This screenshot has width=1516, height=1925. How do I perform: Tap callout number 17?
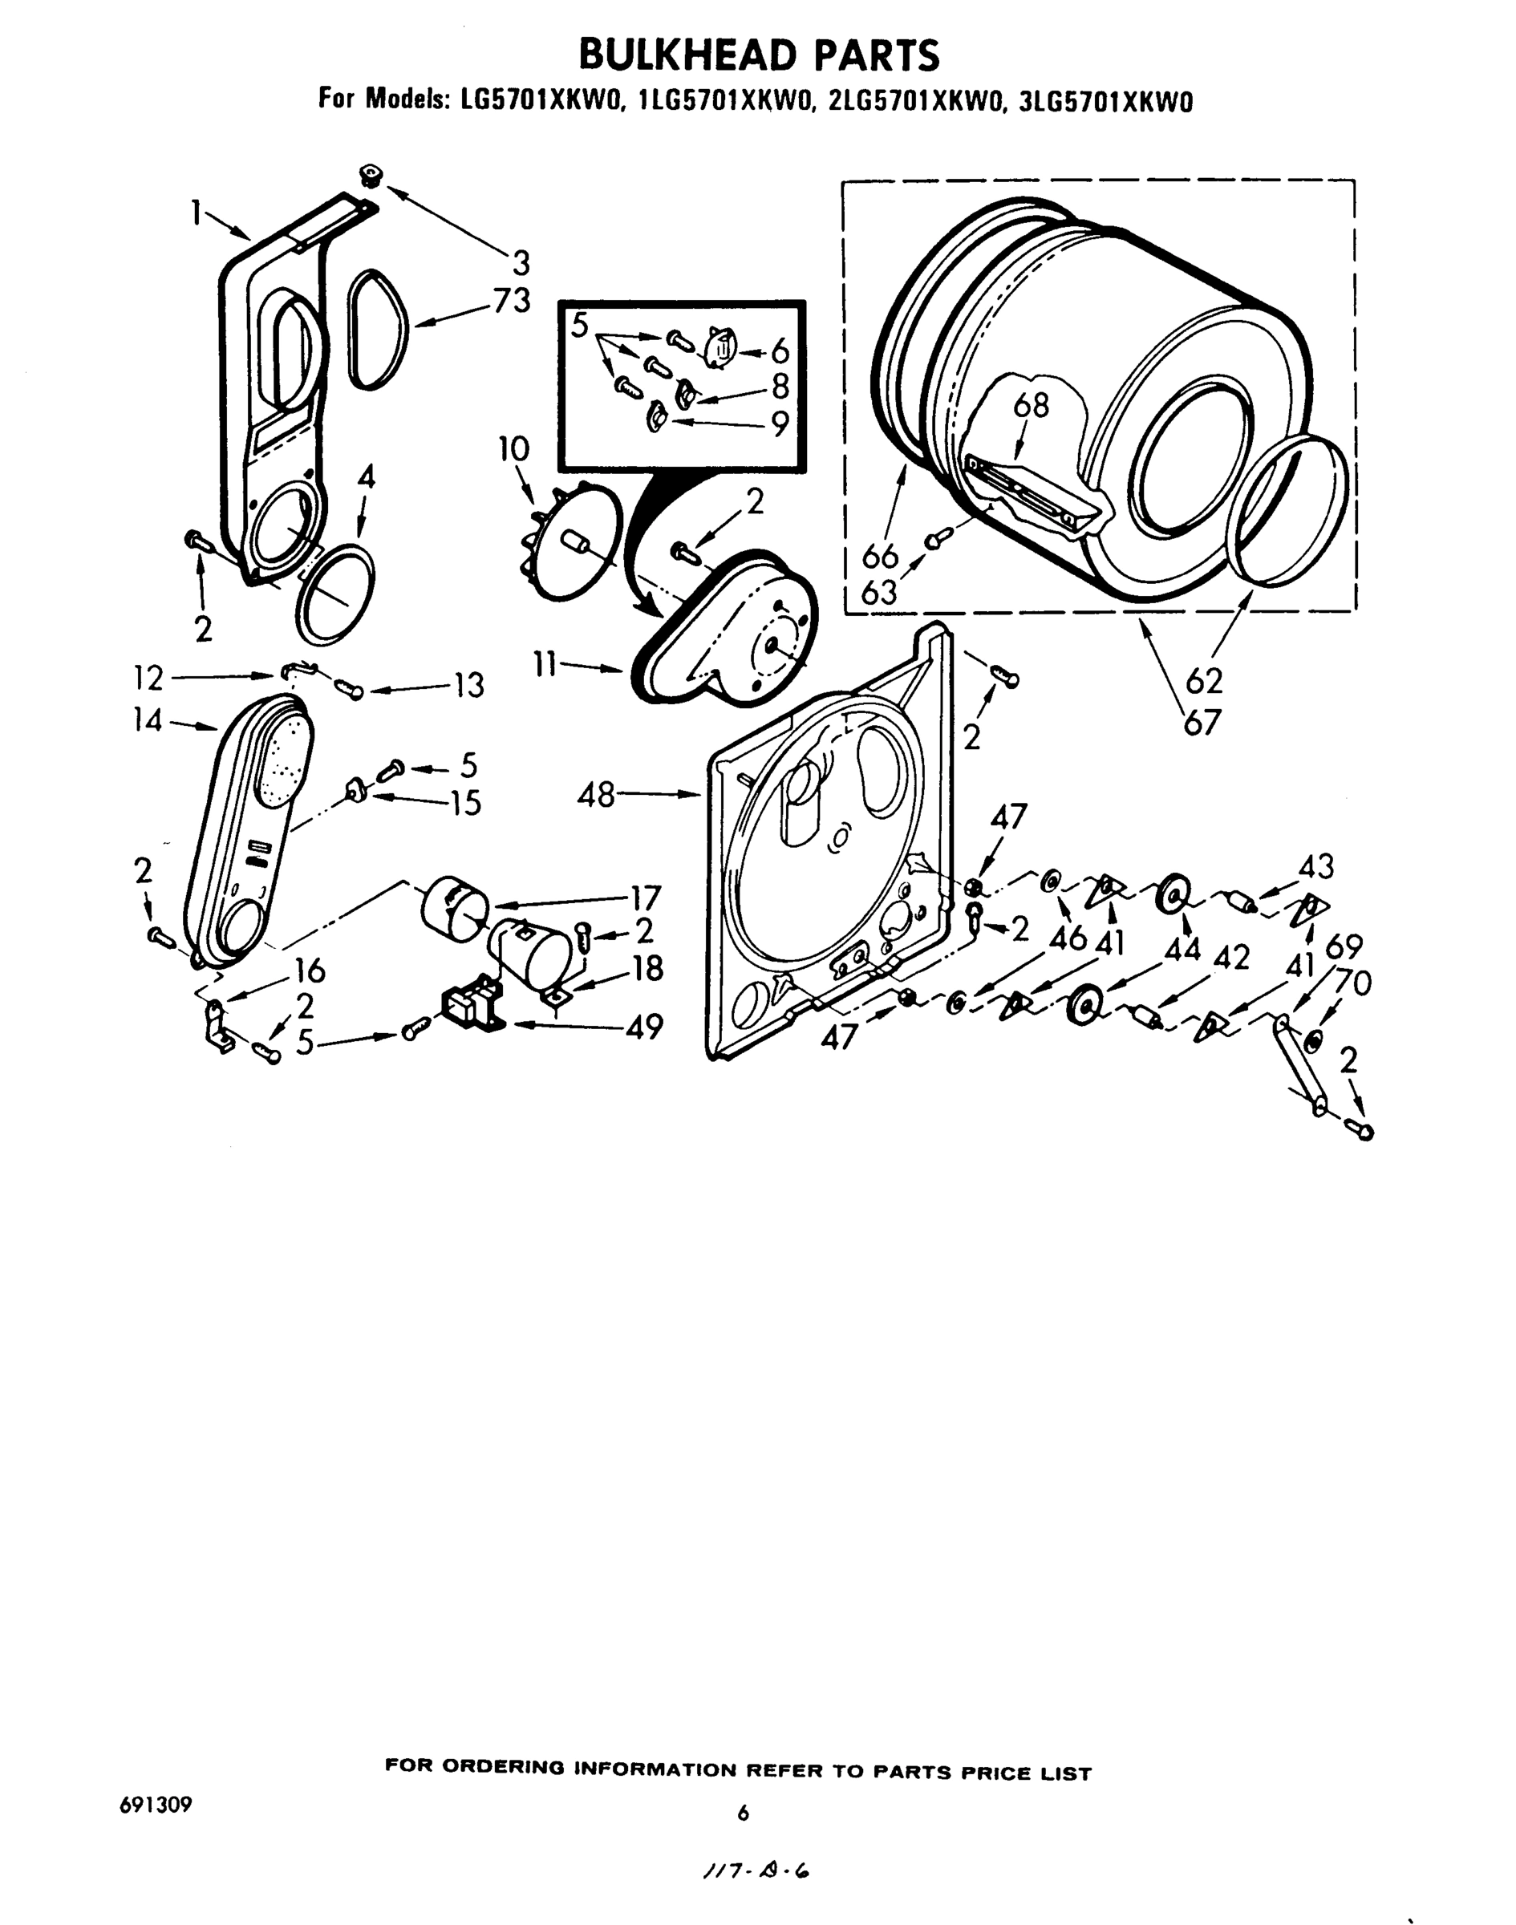(645, 898)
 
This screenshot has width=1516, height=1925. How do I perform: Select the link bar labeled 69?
(1299, 1065)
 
